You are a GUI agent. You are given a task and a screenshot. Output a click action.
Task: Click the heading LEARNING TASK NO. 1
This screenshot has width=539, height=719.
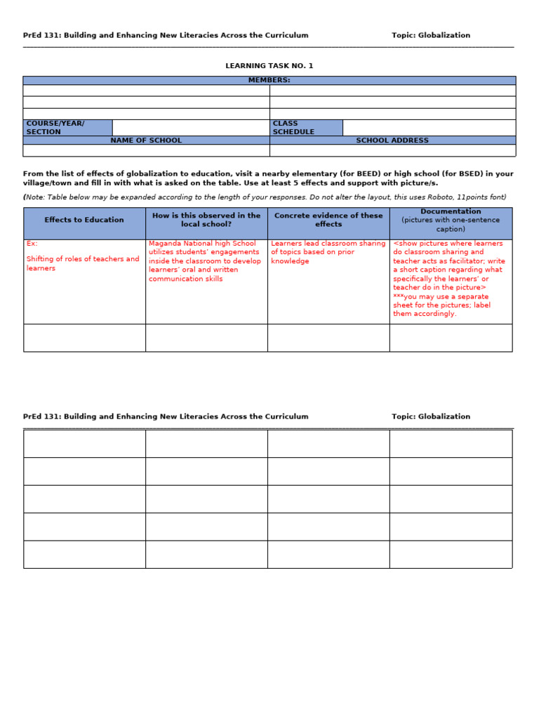pos(269,66)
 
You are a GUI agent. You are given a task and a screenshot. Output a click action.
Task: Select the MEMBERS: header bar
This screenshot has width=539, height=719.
pos(269,80)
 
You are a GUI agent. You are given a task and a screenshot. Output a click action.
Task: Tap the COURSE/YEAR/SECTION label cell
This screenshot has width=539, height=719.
pos(67,128)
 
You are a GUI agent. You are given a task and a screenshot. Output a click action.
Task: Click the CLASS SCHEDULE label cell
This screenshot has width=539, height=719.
pos(306,128)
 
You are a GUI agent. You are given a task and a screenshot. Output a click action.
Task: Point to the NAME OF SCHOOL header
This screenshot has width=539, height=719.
pos(146,140)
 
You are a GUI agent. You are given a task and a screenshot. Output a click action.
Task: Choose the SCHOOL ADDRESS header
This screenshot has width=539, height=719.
pos(392,140)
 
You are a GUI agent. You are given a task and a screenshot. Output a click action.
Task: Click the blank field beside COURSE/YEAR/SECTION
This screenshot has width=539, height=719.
pos(190,128)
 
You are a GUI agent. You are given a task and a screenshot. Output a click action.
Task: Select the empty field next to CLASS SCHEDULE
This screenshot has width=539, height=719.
pos(428,128)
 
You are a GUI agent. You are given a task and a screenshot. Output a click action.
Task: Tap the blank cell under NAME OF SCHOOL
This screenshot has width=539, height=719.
pos(146,150)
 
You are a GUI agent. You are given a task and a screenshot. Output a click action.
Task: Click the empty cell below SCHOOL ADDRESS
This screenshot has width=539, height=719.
pos(392,150)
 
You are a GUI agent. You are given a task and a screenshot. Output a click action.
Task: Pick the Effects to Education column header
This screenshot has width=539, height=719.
pos(84,220)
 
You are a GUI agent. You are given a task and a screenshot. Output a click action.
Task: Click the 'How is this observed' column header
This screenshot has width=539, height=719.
pos(206,220)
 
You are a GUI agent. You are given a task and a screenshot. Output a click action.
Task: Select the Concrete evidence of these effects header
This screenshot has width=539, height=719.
pos(328,220)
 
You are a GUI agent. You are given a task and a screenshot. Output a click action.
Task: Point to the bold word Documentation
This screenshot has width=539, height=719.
pos(451,211)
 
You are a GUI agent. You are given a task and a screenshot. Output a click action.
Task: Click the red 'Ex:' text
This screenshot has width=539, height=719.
pos(32,244)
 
